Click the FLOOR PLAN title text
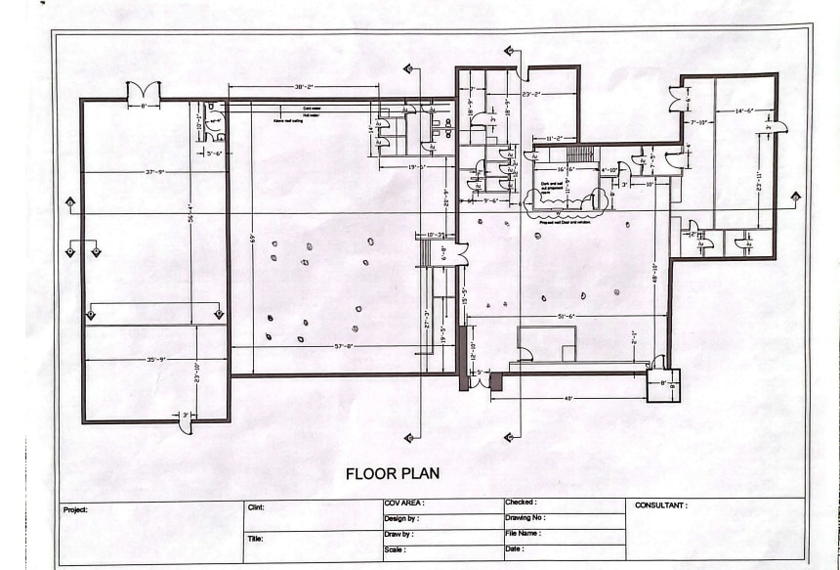(x=392, y=473)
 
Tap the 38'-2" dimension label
(x=304, y=87)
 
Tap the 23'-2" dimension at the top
(x=532, y=94)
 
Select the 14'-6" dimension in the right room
(x=732, y=110)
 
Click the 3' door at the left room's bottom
(x=186, y=422)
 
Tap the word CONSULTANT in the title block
(x=661, y=505)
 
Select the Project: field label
(x=76, y=509)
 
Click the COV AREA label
(x=404, y=504)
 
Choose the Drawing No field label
(x=526, y=518)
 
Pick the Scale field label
(x=396, y=550)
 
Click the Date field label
(x=515, y=549)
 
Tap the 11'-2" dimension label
(x=557, y=139)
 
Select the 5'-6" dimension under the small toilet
(x=213, y=153)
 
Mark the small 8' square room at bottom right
(x=662, y=385)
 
